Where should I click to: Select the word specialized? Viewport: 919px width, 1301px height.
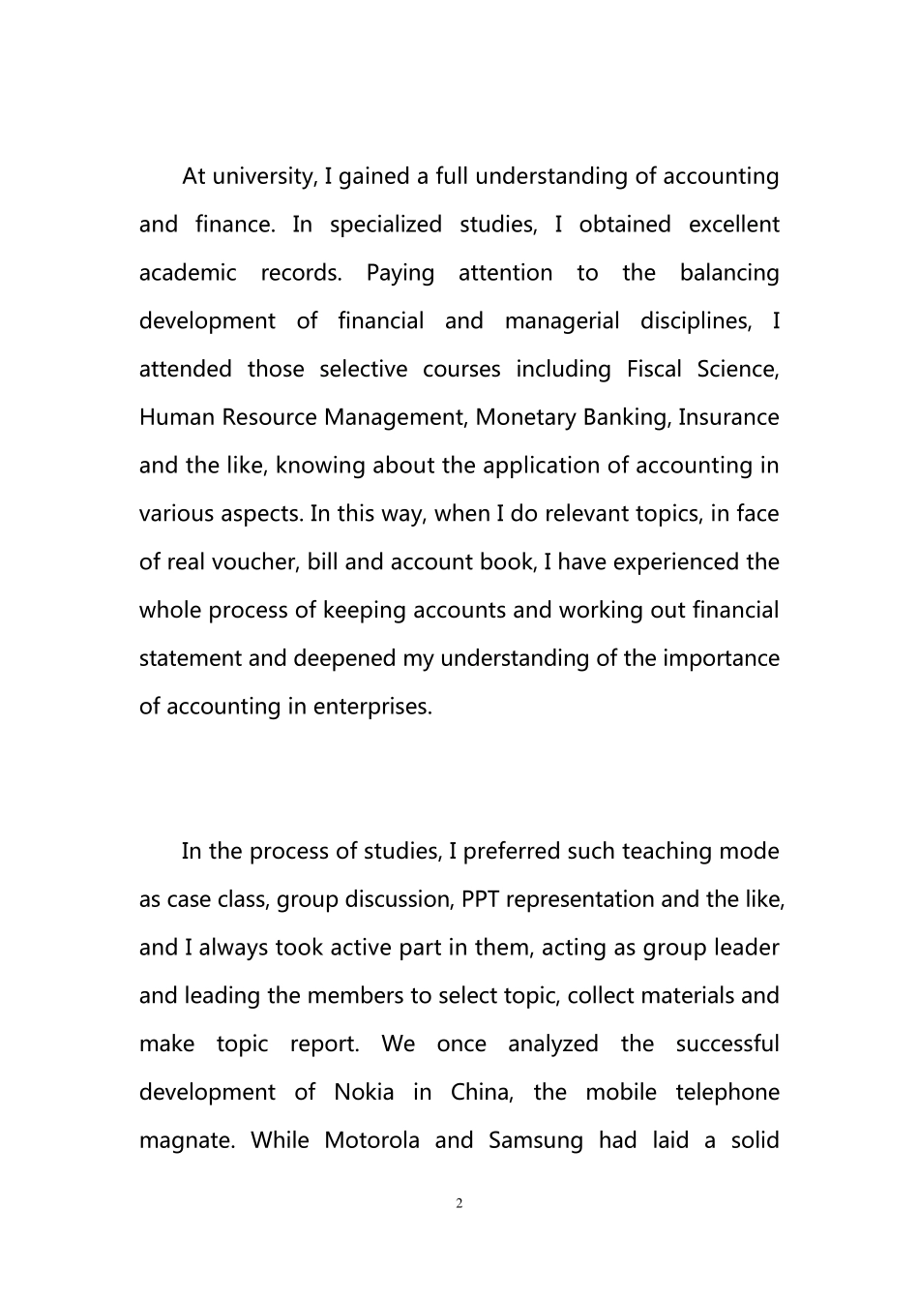[x=385, y=226]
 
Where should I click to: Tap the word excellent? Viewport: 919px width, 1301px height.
[x=733, y=225]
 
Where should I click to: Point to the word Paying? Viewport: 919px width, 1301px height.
[x=400, y=274]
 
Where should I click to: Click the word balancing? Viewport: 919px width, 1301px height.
[x=728, y=273]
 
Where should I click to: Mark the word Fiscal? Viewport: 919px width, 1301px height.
[x=654, y=370]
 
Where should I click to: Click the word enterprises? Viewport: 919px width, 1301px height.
[x=372, y=708]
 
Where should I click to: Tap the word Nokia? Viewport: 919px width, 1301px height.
[x=364, y=1093]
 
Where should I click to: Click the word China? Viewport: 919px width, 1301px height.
[x=480, y=1093]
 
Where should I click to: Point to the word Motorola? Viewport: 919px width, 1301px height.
[x=371, y=1140]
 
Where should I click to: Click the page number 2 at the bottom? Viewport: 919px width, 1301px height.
[x=459, y=1203]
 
